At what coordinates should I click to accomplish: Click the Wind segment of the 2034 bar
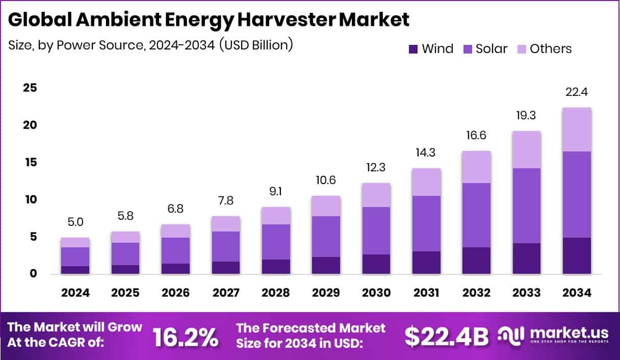pyautogui.click(x=577, y=256)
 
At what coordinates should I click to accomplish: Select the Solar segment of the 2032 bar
pyautogui.click(x=477, y=215)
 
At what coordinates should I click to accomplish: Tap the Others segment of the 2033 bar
pyautogui.click(x=527, y=149)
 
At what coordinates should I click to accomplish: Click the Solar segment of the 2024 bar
pyautogui.click(x=75, y=256)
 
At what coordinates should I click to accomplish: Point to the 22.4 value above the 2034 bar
pyautogui.click(x=577, y=93)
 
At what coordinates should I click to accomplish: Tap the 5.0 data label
pyautogui.click(x=75, y=222)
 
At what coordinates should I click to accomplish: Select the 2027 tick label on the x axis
pyautogui.click(x=226, y=293)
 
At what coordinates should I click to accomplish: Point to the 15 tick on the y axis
pyautogui.click(x=31, y=162)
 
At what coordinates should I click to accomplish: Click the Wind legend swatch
pyautogui.click(x=414, y=49)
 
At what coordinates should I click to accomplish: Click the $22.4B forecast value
pyautogui.click(x=446, y=336)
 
